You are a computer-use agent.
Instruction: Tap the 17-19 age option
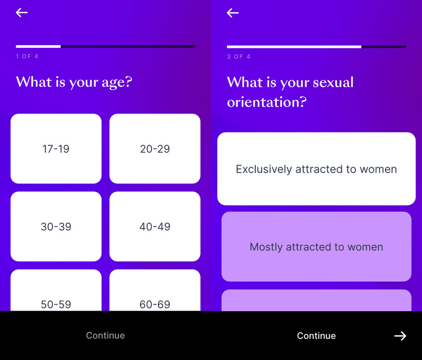click(x=56, y=148)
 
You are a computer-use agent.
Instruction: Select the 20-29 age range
click(x=155, y=148)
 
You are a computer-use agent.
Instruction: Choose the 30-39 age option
click(x=56, y=226)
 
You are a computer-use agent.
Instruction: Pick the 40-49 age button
click(x=155, y=226)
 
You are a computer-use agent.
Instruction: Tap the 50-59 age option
click(x=56, y=291)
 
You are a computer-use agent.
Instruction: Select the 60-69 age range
click(x=155, y=291)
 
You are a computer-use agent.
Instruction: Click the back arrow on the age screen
click(x=22, y=12)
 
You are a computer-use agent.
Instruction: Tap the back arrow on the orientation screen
click(x=233, y=13)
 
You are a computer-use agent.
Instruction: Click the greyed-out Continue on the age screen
click(x=105, y=335)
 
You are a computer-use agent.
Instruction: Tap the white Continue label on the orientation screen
click(x=316, y=336)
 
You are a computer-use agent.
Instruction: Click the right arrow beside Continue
click(x=400, y=336)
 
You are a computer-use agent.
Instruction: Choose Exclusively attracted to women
click(x=316, y=169)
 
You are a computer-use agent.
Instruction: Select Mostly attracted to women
click(x=316, y=246)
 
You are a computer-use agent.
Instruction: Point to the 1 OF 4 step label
click(x=27, y=56)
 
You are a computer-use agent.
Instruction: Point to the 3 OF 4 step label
click(x=239, y=57)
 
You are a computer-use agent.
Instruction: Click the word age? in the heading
click(x=117, y=82)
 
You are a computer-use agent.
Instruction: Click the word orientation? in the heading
click(x=267, y=102)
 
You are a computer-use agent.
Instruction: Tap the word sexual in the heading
click(x=333, y=82)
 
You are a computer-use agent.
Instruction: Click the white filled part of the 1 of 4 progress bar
click(x=38, y=46)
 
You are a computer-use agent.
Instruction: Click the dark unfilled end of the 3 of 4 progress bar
click(x=384, y=46)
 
